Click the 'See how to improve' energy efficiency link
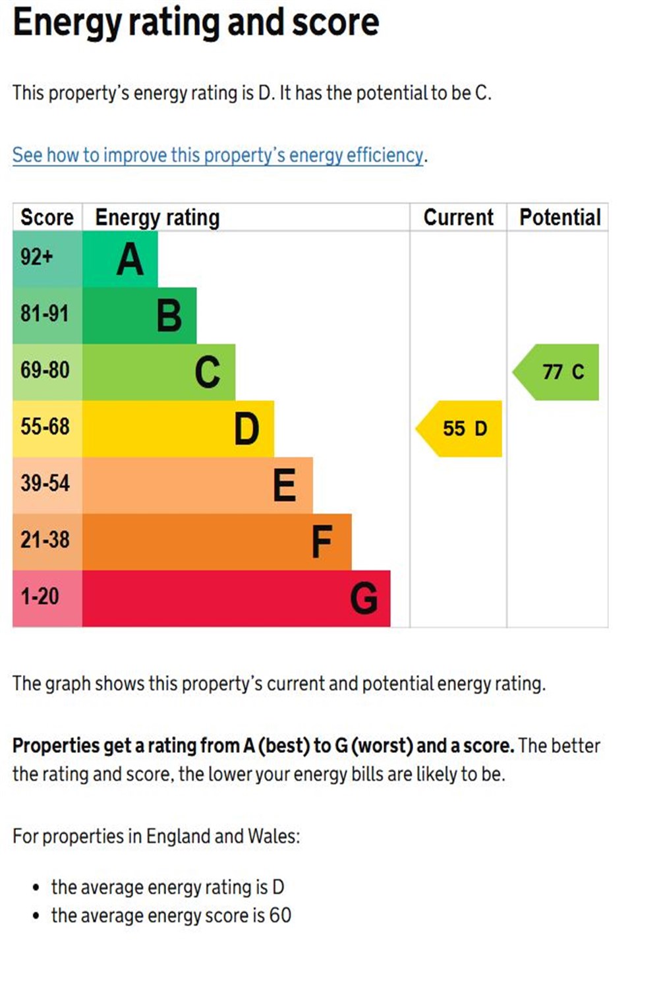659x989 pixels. click(217, 156)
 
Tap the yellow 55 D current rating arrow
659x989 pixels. click(461, 429)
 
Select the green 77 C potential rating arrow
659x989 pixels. click(559, 372)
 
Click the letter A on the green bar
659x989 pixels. click(130, 259)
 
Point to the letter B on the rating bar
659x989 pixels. click(169, 316)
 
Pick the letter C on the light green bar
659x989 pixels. click(208, 373)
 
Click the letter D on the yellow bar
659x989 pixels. click(246, 429)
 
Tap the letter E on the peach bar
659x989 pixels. click(285, 486)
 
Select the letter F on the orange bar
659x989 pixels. click(322, 543)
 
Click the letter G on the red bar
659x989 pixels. click(363, 599)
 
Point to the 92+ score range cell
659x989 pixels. click(37, 256)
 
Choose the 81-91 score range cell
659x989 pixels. click(45, 313)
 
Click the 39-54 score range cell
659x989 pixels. click(45, 483)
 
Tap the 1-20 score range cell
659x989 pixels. click(40, 597)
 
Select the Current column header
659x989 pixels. click(458, 218)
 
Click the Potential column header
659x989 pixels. click(560, 218)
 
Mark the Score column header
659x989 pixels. click(47, 218)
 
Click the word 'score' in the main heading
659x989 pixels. click(335, 22)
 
